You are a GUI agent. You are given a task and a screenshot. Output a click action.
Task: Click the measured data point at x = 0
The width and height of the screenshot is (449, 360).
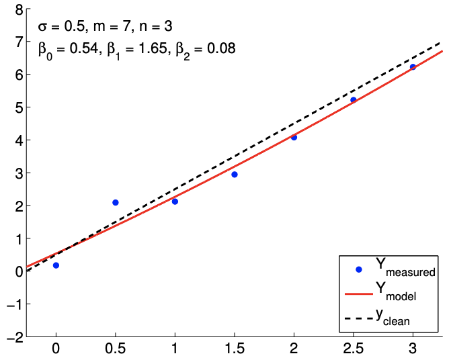(56, 265)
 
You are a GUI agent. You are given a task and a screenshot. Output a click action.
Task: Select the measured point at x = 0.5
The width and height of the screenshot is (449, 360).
(116, 202)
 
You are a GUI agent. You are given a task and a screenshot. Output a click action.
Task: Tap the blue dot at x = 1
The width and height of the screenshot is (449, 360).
(175, 201)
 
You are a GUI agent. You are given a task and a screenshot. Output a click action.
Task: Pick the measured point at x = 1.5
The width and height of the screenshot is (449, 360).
(235, 175)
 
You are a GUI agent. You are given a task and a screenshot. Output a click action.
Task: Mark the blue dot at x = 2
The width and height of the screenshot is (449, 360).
(294, 137)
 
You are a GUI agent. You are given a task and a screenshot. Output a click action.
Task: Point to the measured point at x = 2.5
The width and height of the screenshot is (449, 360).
(353, 100)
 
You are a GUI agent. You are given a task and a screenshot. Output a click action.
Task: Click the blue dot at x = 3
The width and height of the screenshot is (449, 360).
(413, 67)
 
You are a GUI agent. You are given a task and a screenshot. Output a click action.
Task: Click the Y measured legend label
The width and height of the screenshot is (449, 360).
(406, 269)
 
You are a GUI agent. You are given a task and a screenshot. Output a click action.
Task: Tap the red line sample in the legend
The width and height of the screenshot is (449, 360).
(358, 293)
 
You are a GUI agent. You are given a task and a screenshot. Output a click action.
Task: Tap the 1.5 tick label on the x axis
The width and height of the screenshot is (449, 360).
(235, 351)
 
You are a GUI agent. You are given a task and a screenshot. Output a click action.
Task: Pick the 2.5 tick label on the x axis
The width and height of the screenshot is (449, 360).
(354, 351)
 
